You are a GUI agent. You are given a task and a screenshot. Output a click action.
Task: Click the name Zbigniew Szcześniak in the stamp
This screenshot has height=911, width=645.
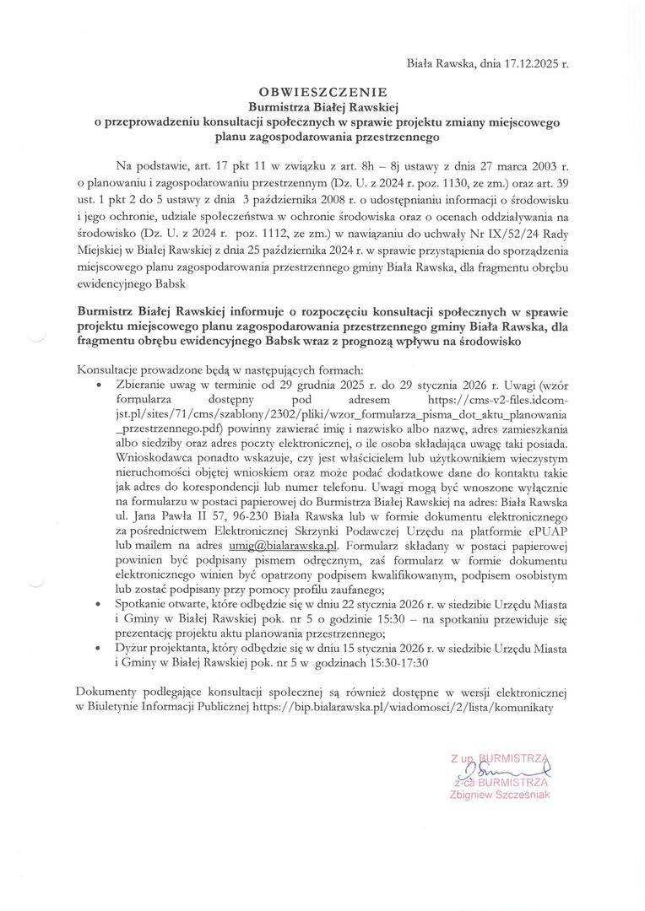coord(501,795)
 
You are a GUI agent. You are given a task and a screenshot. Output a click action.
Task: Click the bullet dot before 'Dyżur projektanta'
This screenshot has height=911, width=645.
coord(102,648)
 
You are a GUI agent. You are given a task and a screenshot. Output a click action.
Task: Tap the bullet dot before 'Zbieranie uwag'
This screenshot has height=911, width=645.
coord(102,383)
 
